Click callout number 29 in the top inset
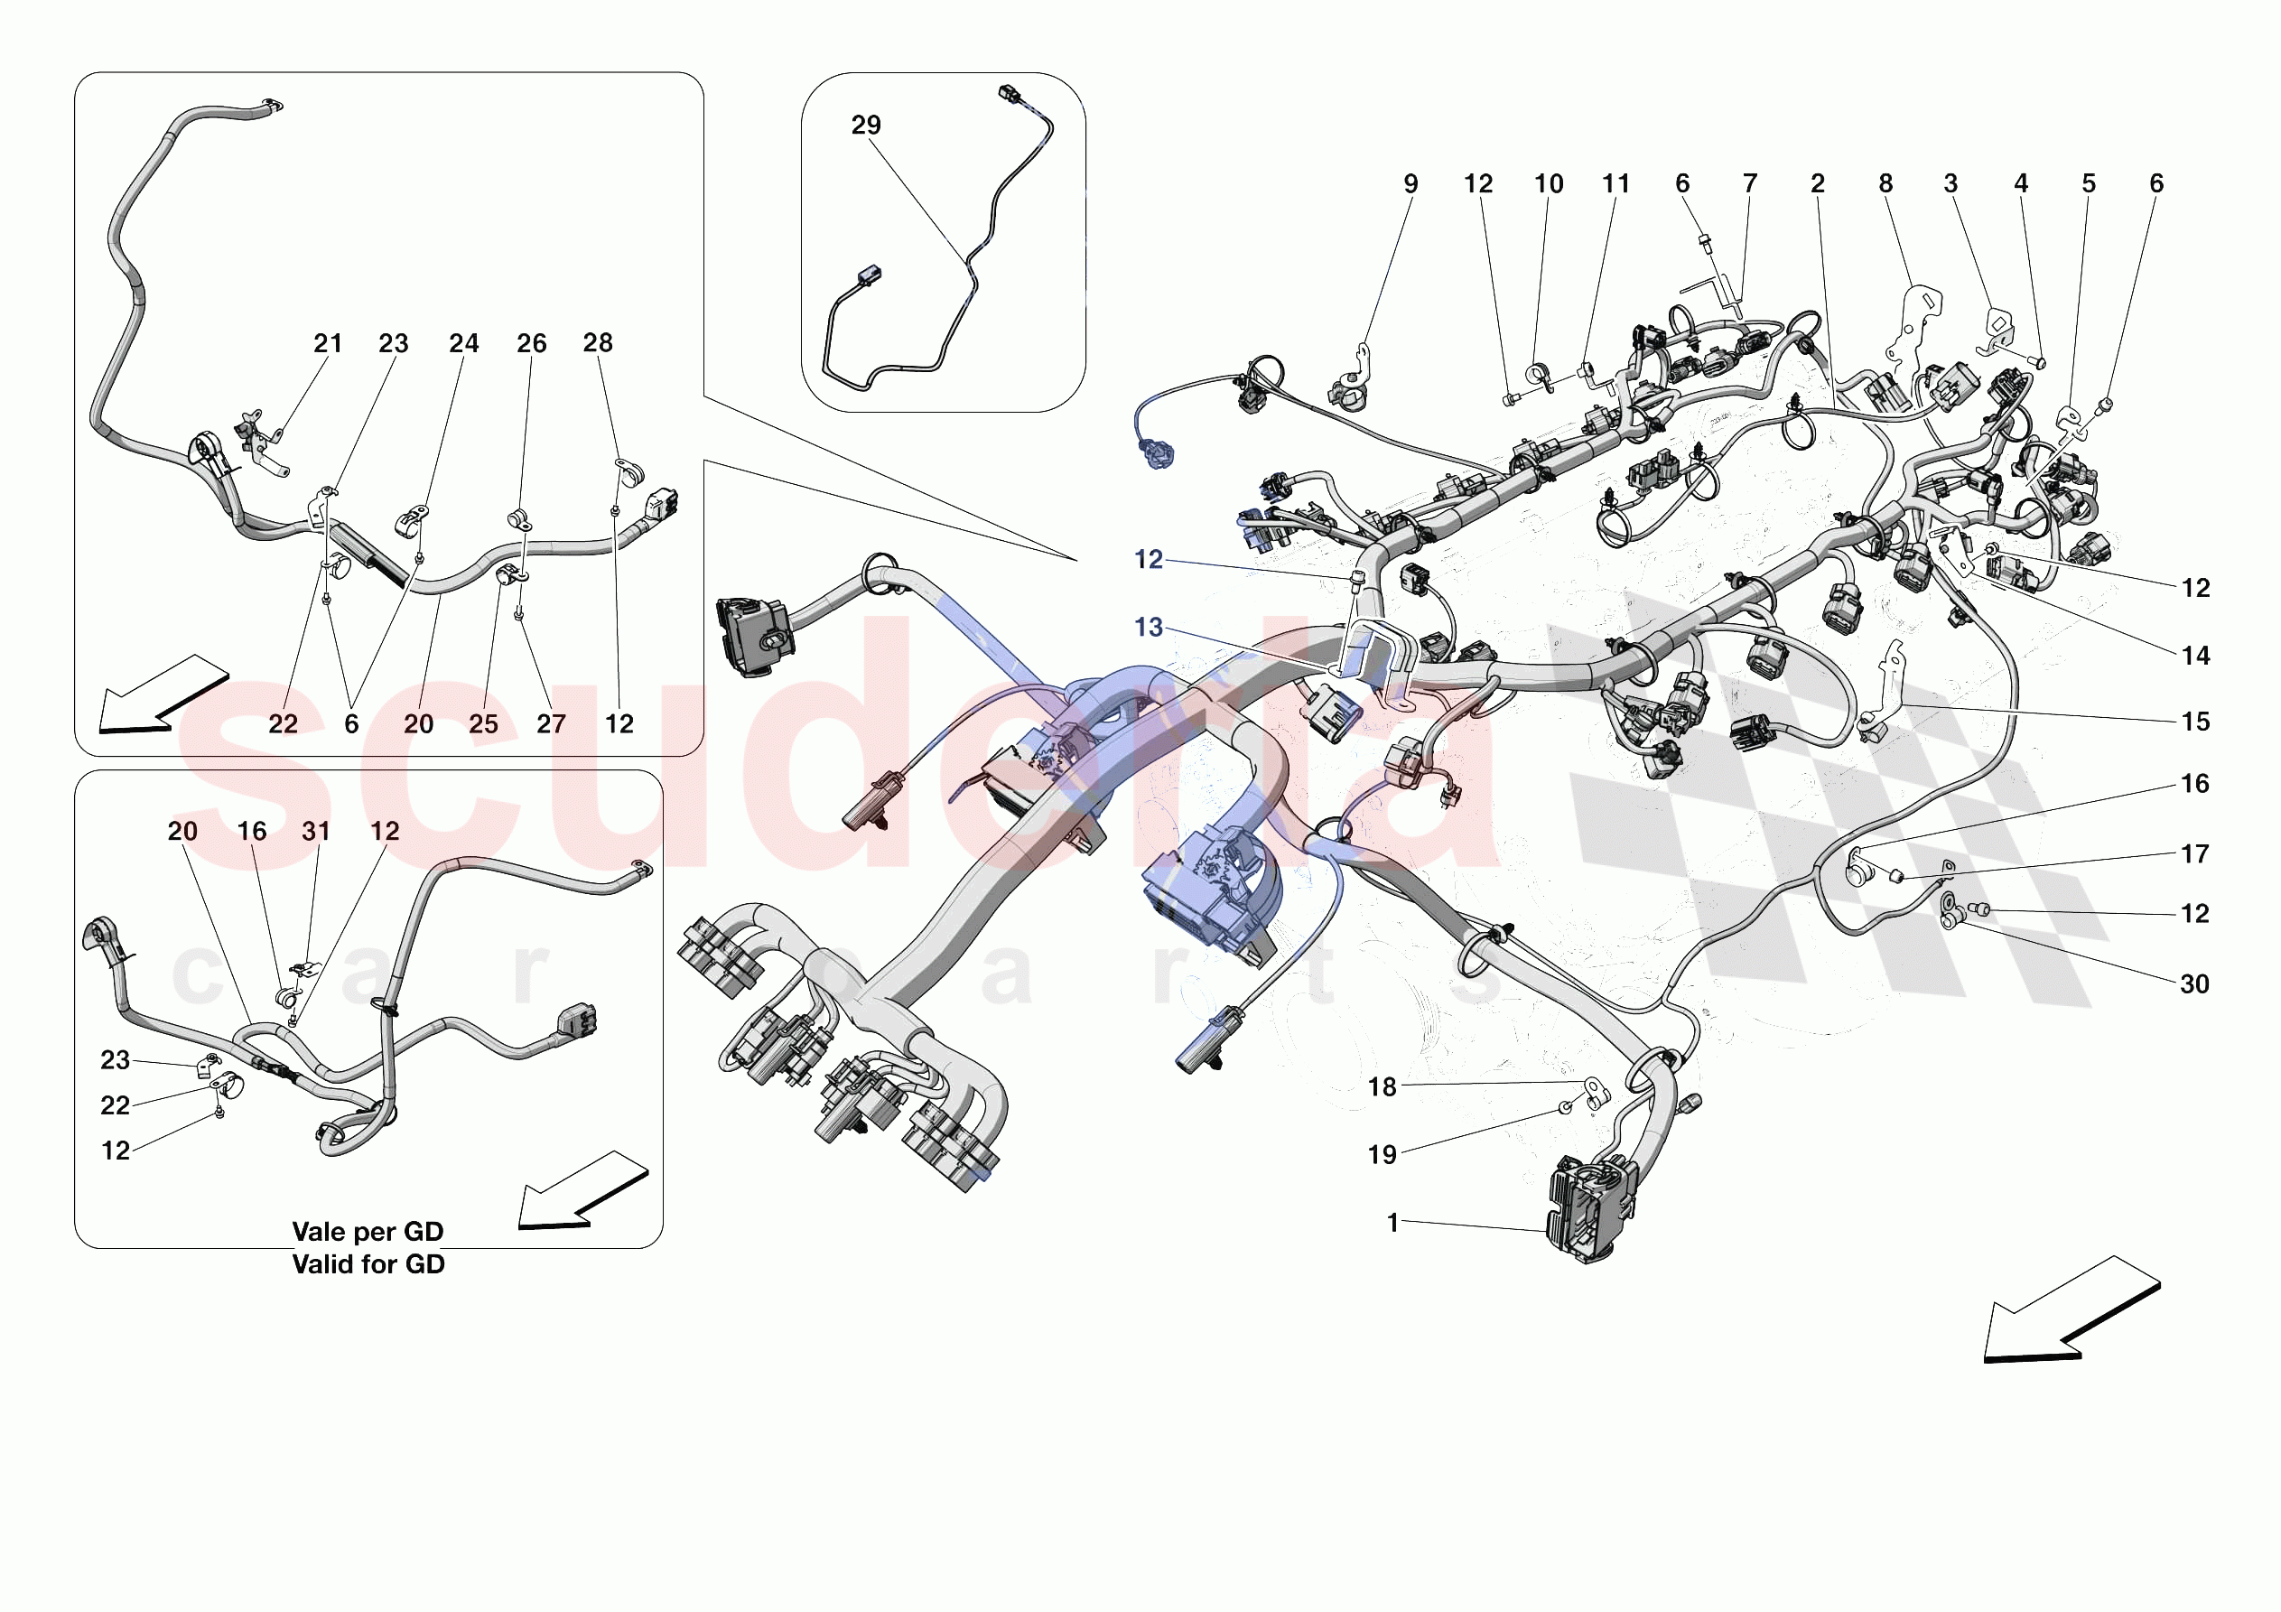pyautogui.click(x=865, y=126)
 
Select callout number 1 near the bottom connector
pyautogui.click(x=1392, y=1223)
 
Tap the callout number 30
pyautogui.click(x=2193, y=983)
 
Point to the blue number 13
pyautogui.click(x=1148, y=627)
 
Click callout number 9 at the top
pyautogui.click(x=1410, y=184)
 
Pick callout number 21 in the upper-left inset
pyautogui.click(x=328, y=344)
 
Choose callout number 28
pyautogui.click(x=597, y=343)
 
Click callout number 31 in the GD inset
pyautogui.click(x=316, y=831)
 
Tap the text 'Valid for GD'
pyautogui.click(x=368, y=1264)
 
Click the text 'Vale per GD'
pyautogui.click(x=368, y=1232)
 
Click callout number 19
pyautogui.click(x=1382, y=1154)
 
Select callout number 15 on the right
pyautogui.click(x=2194, y=722)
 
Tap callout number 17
pyautogui.click(x=2193, y=853)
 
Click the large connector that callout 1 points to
pyautogui.click(x=1589, y=1207)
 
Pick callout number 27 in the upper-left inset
pyautogui.click(x=550, y=723)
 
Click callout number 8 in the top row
pyautogui.click(x=1885, y=184)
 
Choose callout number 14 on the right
pyautogui.click(x=2194, y=656)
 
